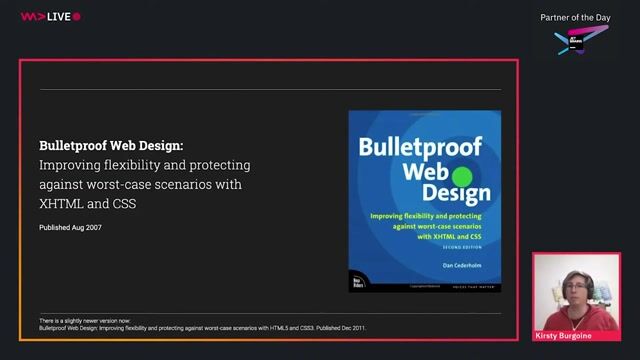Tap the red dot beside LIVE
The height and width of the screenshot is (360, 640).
(x=77, y=16)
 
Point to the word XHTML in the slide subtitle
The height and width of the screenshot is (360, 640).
(x=58, y=204)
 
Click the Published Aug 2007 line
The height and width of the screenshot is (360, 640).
(x=70, y=228)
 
